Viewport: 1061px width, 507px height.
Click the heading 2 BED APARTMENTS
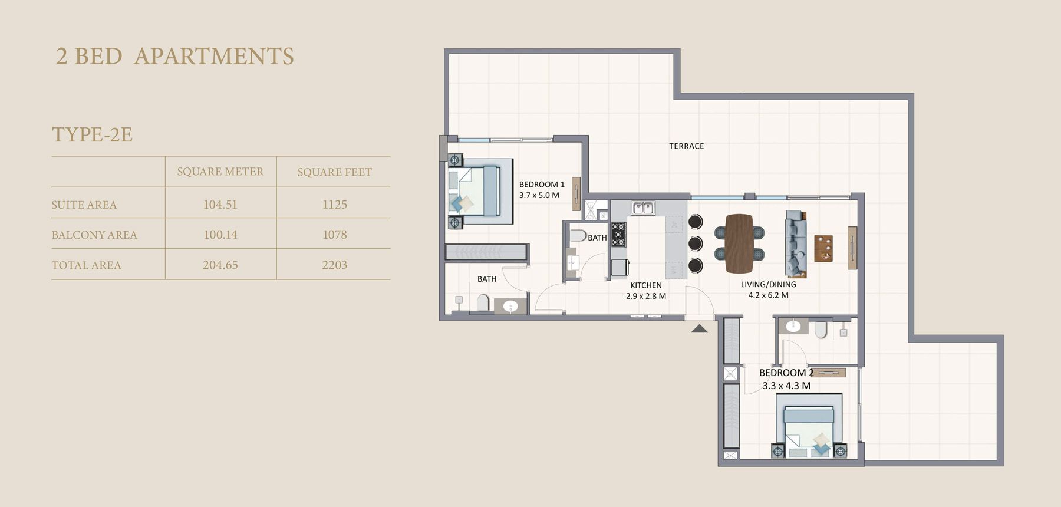pyautogui.click(x=174, y=57)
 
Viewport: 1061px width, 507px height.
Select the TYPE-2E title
pyautogui.click(x=92, y=134)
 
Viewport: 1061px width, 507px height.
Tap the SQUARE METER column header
pyautogui.click(x=220, y=172)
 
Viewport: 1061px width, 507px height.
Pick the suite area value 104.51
pyautogui.click(x=220, y=205)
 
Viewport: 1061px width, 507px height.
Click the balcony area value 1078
pyautogui.click(x=334, y=235)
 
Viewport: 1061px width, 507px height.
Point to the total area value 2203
pyautogui.click(x=334, y=265)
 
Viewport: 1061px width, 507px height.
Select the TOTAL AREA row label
pyautogui.click(x=86, y=265)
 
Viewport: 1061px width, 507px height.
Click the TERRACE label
pyautogui.click(x=686, y=146)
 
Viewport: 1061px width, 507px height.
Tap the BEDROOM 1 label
pyautogui.click(x=542, y=185)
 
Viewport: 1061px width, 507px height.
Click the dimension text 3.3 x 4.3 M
pyautogui.click(x=786, y=386)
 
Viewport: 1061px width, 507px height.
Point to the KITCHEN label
pyautogui.click(x=646, y=285)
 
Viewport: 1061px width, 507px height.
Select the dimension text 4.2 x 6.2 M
pyautogui.click(x=768, y=295)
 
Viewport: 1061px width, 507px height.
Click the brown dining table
pyautogui.click(x=739, y=243)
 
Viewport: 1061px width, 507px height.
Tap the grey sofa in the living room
pyautogui.click(x=795, y=243)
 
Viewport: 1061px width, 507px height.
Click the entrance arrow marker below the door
pyautogui.click(x=699, y=329)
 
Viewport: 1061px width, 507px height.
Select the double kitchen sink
pyautogui.click(x=642, y=208)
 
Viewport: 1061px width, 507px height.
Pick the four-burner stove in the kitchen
pyautogui.click(x=618, y=234)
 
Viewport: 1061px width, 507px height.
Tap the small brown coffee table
pyautogui.click(x=823, y=248)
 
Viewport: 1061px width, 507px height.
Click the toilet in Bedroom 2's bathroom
pyautogui.click(x=821, y=330)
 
